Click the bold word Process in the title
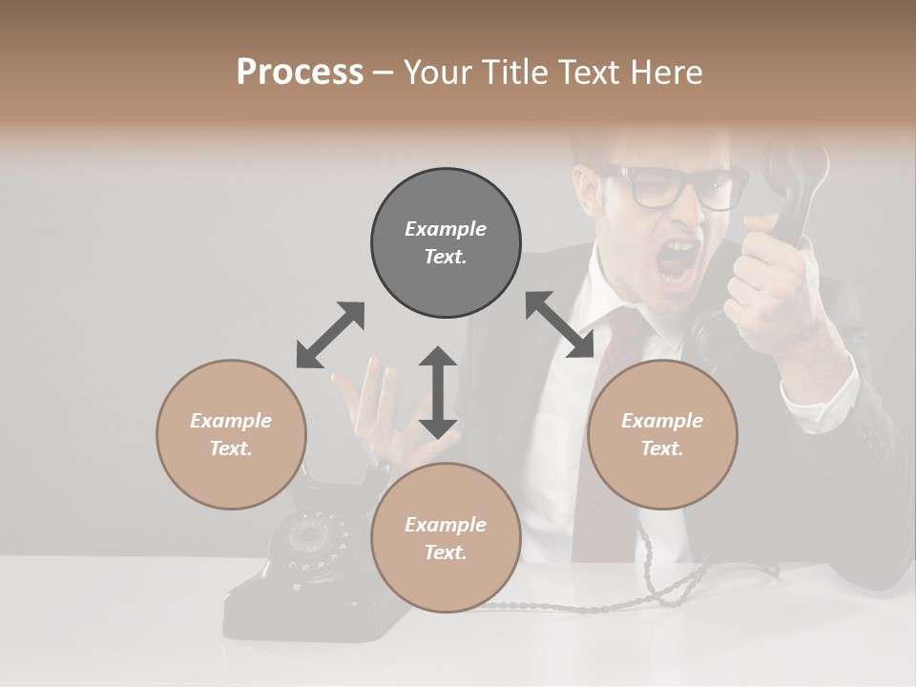300,73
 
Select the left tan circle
231,434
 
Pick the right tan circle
662,434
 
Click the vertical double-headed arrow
438,392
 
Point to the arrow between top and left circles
330,335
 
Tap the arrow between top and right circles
560,324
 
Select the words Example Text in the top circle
446,242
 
